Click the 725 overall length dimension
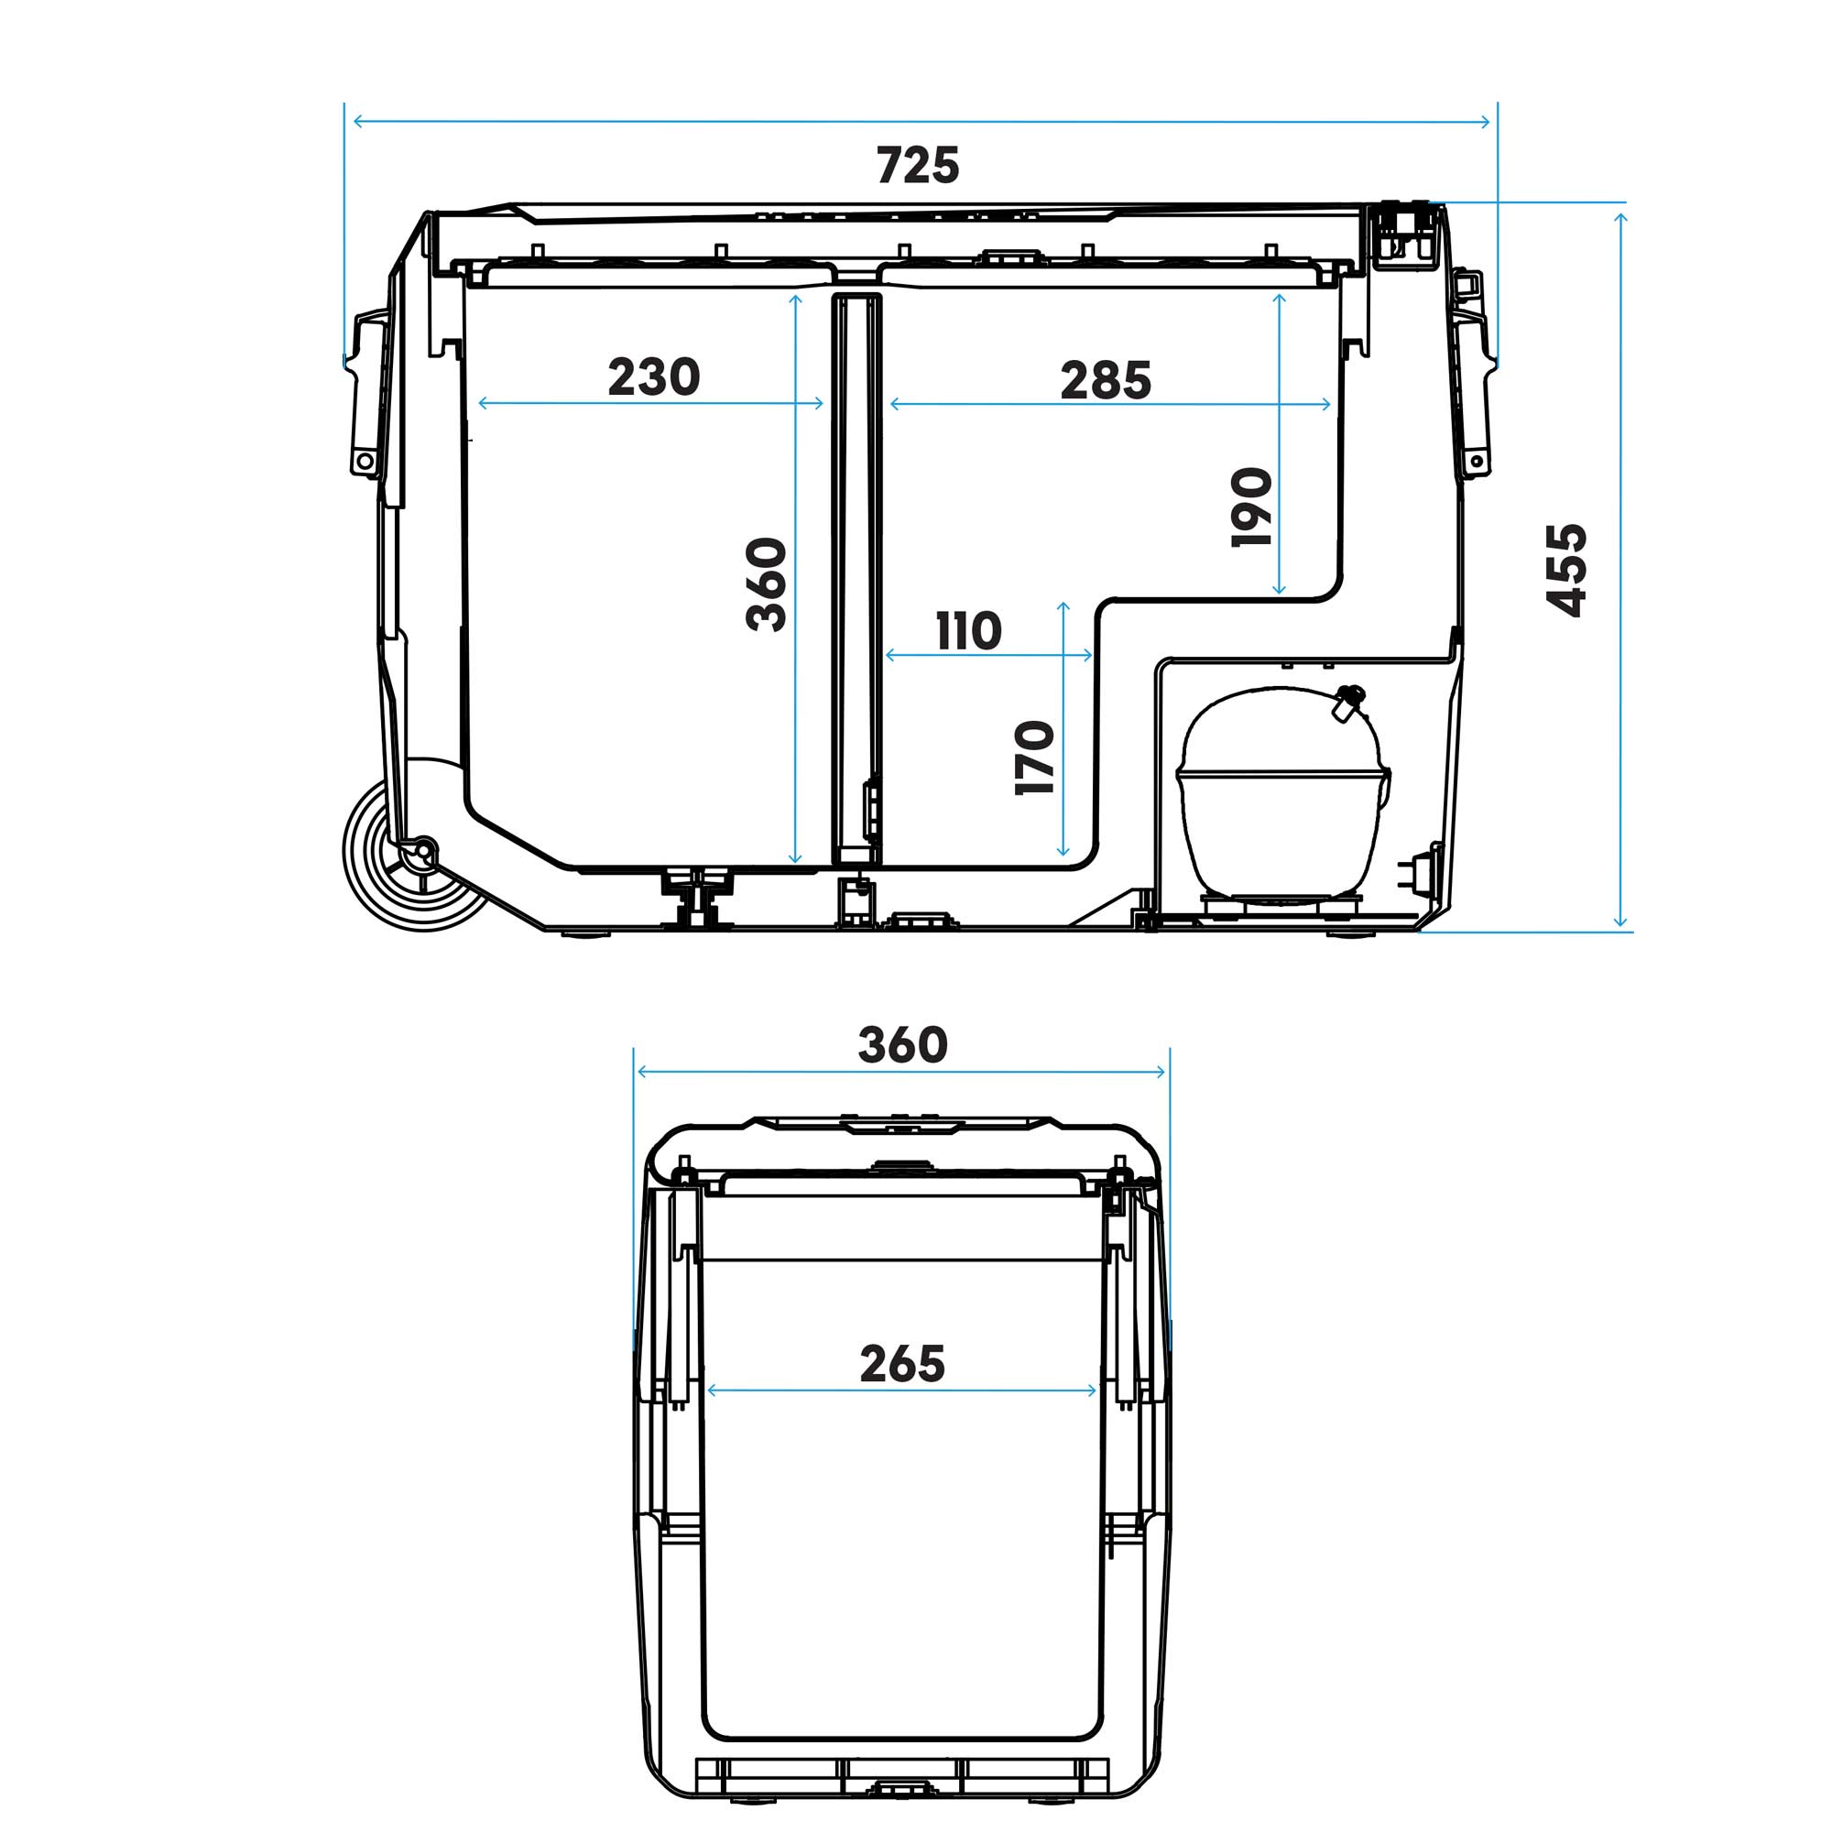click(x=917, y=166)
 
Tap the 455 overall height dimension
click(x=1565, y=570)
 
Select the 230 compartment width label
click(x=653, y=376)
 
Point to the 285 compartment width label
click(x=1105, y=380)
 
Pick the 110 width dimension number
click(x=968, y=631)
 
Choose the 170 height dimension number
click(x=1033, y=758)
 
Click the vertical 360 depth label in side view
click(x=766, y=584)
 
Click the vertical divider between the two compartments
click(x=856, y=578)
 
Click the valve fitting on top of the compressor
click(x=1347, y=701)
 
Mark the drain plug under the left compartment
click(x=698, y=895)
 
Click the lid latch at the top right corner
click(x=1404, y=233)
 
